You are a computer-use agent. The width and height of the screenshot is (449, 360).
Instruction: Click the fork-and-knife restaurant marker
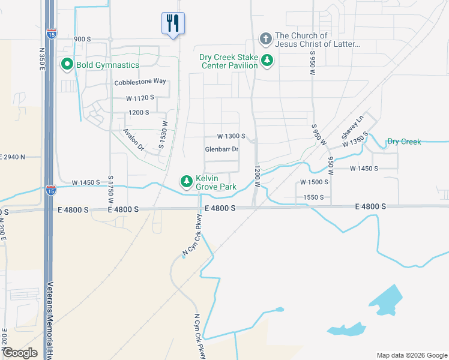tap(173, 23)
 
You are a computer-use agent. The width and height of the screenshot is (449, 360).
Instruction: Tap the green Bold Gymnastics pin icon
tap(66, 65)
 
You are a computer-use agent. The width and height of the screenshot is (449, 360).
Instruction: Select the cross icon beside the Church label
tap(266, 40)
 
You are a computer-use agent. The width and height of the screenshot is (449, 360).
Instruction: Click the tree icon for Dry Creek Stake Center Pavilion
tap(267, 61)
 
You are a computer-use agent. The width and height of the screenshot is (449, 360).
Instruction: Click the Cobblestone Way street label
tap(140, 82)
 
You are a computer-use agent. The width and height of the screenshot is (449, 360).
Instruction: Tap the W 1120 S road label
tap(140, 97)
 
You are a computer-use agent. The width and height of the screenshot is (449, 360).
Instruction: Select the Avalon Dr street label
tap(134, 139)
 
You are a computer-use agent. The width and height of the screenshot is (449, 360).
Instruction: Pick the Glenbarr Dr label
tap(221, 149)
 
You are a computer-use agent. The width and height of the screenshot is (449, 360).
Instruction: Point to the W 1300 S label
tap(231, 136)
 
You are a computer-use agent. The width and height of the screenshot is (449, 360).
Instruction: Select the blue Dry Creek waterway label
tap(404, 142)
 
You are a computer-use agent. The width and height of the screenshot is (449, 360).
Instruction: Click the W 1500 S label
tap(314, 182)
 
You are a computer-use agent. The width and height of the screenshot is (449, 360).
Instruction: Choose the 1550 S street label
tap(313, 197)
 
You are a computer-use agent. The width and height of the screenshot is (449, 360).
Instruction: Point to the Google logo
tap(20, 353)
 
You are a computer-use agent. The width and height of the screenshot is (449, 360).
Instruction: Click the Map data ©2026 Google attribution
tap(411, 355)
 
